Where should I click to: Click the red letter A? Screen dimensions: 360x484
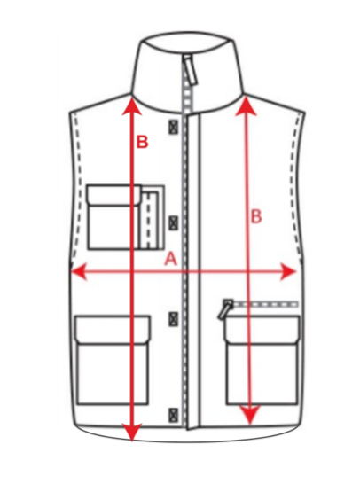click(171, 259)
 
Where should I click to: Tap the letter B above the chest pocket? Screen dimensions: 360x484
click(143, 142)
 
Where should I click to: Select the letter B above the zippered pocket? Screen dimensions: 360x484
click(256, 216)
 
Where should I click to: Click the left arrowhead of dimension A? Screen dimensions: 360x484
click(79, 272)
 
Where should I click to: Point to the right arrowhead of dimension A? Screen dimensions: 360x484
click(288, 272)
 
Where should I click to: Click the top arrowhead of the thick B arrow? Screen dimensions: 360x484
click(132, 105)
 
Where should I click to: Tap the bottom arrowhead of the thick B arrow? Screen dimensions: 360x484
click(132, 433)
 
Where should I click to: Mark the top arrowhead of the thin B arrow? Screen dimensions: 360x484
click(247, 105)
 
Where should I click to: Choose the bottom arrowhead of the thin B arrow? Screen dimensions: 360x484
click(251, 415)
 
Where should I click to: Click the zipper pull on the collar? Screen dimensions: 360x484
click(190, 70)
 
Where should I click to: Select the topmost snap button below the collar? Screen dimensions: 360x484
click(174, 127)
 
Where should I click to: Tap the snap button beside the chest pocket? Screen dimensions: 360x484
click(174, 222)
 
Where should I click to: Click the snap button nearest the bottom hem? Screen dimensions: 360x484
click(174, 415)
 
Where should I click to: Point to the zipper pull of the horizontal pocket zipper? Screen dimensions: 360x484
click(225, 309)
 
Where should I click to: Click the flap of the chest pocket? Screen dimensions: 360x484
click(113, 194)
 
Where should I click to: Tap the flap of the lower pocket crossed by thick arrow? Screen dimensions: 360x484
click(113, 330)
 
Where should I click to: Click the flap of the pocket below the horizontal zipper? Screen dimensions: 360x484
click(262, 330)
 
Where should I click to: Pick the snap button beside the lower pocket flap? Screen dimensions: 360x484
click(174, 319)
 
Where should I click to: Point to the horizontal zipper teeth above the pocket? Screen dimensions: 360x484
click(265, 305)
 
